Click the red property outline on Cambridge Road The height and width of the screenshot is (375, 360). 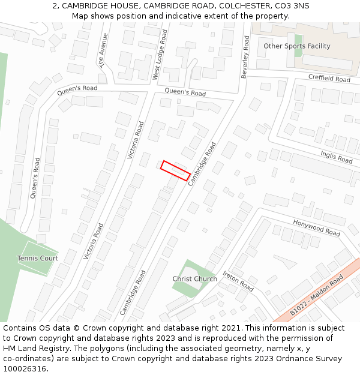[x=175, y=170]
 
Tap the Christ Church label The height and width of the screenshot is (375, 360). [x=194, y=279]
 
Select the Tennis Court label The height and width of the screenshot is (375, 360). [x=37, y=258]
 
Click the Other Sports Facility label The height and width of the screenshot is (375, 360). [x=296, y=46]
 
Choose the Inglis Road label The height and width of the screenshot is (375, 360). [x=336, y=157]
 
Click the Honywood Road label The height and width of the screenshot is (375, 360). [x=316, y=227]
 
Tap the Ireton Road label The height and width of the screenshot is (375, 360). [x=238, y=281]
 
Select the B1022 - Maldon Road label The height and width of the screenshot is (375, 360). [x=316, y=295]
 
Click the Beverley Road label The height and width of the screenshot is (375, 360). [x=245, y=56]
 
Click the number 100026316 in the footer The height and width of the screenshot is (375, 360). [x=23, y=369]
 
